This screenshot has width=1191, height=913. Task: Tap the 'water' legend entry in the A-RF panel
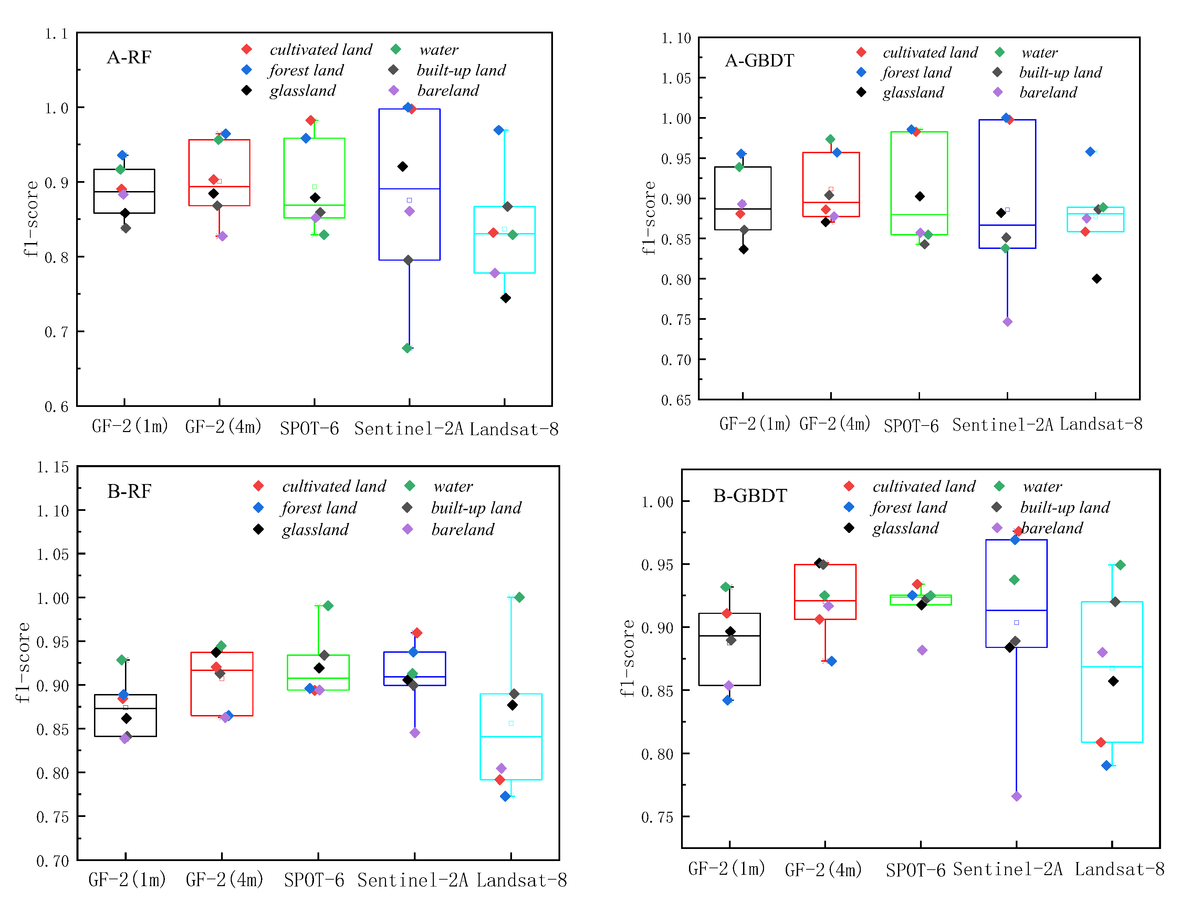click(438, 50)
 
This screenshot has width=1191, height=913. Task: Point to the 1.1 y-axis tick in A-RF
click(56, 34)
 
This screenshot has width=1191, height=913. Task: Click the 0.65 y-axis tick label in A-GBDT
click(676, 400)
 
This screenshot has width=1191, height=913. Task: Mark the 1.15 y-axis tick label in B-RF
click(53, 468)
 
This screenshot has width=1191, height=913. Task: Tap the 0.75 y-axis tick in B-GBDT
click(657, 817)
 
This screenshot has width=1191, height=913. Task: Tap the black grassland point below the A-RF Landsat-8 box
click(505, 298)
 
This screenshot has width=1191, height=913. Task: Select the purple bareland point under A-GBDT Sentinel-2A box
click(1007, 322)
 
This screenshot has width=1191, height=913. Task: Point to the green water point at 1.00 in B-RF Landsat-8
click(519, 597)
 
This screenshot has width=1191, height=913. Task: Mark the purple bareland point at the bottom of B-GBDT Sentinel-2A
click(1016, 796)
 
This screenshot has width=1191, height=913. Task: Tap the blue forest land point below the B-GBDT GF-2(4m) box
click(831, 661)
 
